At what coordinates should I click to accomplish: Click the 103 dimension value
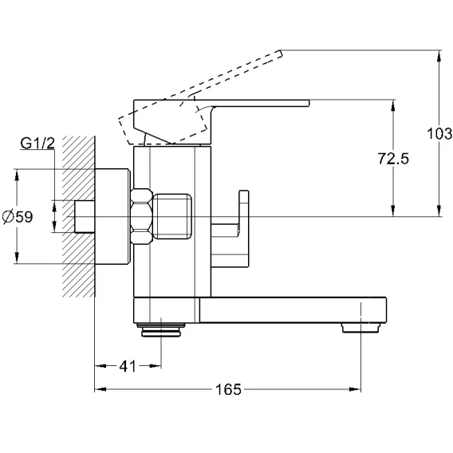coord(439,134)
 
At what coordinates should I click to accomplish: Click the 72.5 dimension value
coord(393,159)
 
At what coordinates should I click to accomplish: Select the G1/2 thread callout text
coord(37,143)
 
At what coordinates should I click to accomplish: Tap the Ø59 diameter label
coord(18,217)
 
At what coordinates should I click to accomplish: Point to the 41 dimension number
coord(128,366)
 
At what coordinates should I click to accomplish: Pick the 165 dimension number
coord(228,389)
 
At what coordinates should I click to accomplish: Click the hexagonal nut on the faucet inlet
coord(141,217)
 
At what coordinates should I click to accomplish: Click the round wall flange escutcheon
coord(112,217)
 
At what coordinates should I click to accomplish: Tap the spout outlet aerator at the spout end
coord(360,328)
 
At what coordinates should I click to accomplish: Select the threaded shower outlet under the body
coord(161,330)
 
